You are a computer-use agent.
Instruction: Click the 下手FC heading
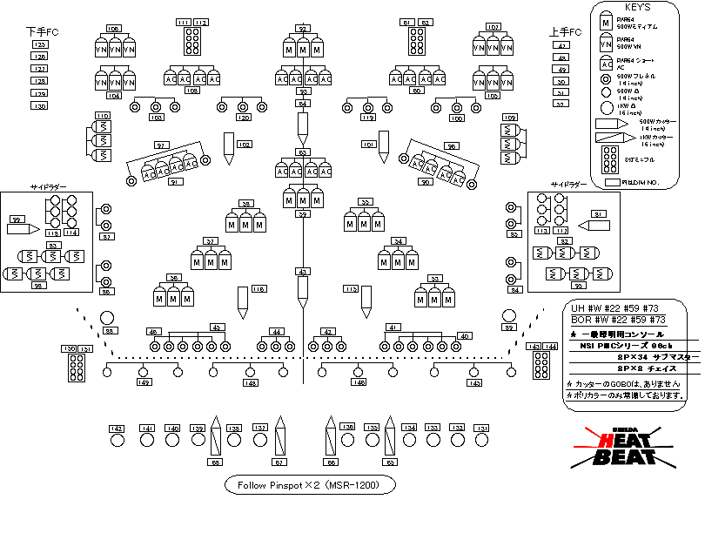point(42,31)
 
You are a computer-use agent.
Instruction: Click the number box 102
point(244,144)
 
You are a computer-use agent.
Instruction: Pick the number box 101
point(370,144)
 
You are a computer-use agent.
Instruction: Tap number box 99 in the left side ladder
point(15,219)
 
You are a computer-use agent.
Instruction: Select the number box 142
point(117,428)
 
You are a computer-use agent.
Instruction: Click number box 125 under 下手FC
point(39,44)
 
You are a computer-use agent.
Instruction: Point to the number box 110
point(102,116)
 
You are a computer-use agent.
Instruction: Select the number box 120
point(244,118)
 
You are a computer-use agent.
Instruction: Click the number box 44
point(277,332)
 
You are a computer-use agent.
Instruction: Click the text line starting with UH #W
point(617,308)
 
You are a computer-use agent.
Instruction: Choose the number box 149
point(144,382)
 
